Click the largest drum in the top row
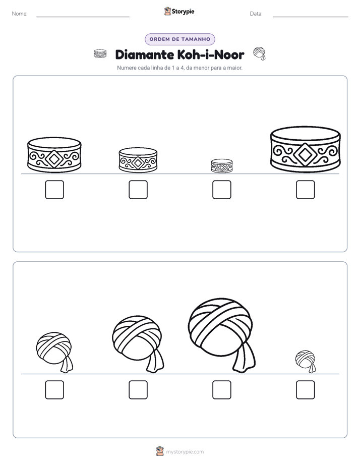pos(306,149)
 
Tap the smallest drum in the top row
pos(222,166)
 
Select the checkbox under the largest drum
pos(306,190)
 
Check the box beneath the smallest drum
pos(222,190)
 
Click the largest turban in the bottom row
pos(221,334)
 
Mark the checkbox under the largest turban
pos(222,390)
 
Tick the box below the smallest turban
pos(306,390)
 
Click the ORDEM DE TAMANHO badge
pos(180,39)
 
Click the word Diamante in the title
pos(145,54)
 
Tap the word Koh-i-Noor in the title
pos(211,54)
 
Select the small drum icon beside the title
pos(100,54)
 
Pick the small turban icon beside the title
pos(259,53)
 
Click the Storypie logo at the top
pos(179,11)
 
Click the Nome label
pos(20,14)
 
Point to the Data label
pos(256,14)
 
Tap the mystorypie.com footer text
pos(185,452)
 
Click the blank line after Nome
pos(83,17)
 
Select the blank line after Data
pos(311,17)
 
